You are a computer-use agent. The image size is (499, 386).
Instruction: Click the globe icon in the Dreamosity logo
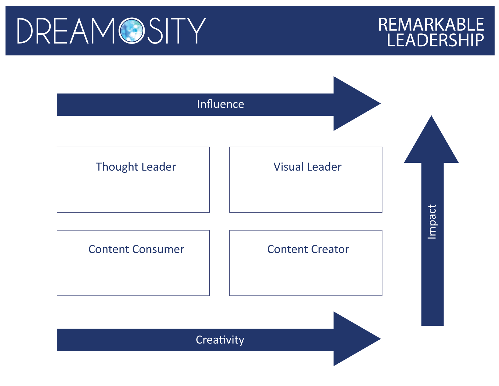point(132,31)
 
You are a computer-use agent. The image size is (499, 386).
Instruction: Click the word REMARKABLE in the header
point(431,25)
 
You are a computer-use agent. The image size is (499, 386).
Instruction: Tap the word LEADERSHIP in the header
point(435,40)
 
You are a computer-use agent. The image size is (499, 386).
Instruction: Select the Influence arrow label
point(220,104)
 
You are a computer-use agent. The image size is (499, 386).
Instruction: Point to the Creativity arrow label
point(220,340)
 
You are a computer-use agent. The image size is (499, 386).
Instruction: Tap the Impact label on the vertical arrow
point(432,222)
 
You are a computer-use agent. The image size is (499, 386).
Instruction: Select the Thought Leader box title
point(136,167)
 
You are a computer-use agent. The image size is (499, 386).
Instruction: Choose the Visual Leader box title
point(307,167)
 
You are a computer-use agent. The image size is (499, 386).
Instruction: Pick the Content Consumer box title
point(136,249)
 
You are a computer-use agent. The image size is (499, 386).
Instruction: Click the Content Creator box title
point(308,249)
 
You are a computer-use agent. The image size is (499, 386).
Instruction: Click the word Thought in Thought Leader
point(117,167)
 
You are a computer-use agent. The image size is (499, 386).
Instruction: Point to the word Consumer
point(158,249)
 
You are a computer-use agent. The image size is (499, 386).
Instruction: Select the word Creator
point(330,249)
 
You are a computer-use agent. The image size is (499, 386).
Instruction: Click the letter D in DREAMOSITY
point(25,31)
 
